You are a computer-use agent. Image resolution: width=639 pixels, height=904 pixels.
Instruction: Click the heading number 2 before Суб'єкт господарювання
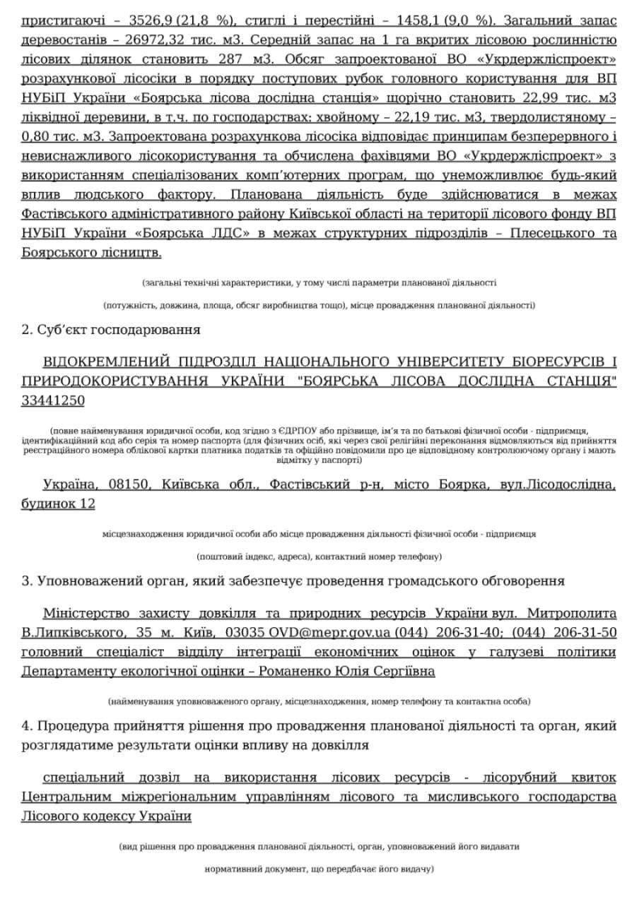coord(25,330)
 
